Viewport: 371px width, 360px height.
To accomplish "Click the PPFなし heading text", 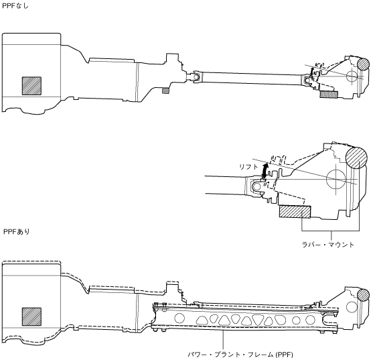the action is pyautogui.click(x=15, y=5).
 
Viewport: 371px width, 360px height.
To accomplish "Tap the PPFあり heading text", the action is pyautogui.click(x=16, y=231).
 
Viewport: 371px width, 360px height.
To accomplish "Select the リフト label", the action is pyautogui.click(x=248, y=167).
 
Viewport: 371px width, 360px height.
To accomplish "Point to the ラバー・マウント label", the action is pyautogui.click(x=328, y=245).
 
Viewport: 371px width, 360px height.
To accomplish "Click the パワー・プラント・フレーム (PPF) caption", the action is pyautogui.click(x=240, y=355).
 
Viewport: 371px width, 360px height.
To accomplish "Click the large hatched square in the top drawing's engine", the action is pyautogui.click(x=31, y=86).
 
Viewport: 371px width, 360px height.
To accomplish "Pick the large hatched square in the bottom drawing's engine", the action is pyautogui.click(x=31, y=316).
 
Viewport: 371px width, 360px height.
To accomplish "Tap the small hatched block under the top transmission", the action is pyautogui.click(x=165, y=91).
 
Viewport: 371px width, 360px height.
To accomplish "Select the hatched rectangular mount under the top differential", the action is pyautogui.click(x=329, y=95).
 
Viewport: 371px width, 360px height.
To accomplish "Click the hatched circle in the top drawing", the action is pyautogui.click(x=363, y=64).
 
